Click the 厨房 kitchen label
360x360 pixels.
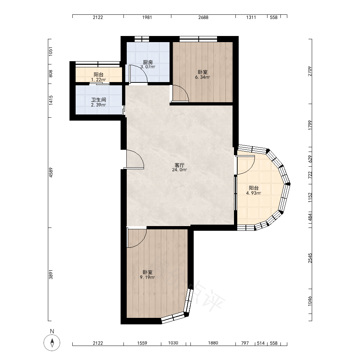coord(148,62)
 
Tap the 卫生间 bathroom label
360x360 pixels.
coord(99,100)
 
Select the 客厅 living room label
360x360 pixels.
coord(180,165)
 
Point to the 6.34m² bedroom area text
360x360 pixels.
coord(202,77)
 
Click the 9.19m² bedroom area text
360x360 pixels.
coord(147,277)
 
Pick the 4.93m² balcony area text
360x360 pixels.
coord(254,193)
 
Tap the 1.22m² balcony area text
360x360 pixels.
coord(99,80)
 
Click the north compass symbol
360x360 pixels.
coord(52,343)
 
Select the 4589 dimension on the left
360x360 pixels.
coord(51,172)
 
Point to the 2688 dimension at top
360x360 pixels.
coord(203,17)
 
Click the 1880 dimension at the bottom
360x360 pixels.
coord(213,343)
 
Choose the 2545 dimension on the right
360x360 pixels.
coord(310,258)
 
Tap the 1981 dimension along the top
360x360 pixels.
coord(147,17)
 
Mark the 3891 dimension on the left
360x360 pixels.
coord(51,274)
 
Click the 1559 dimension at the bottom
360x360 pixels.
coord(142,343)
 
